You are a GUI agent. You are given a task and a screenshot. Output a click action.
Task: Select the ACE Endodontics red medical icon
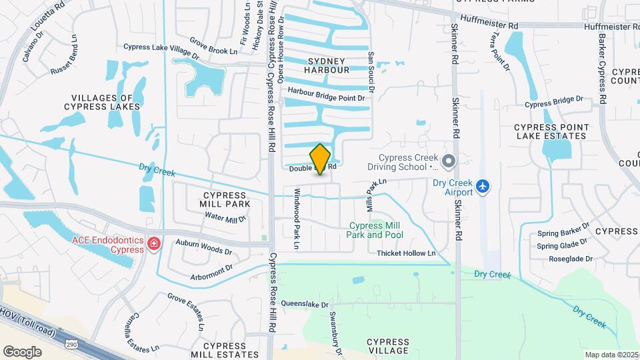pyautogui.click(x=154, y=245)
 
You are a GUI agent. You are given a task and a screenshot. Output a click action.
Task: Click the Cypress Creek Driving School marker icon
pyautogui.click(x=449, y=160)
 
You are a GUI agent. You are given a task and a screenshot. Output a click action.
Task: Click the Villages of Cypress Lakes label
pyautogui.click(x=102, y=102)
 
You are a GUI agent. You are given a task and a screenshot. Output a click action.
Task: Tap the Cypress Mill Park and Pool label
pyautogui.click(x=375, y=230)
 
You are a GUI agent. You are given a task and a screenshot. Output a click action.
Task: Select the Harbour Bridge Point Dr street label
pyautogui.click(x=327, y=97)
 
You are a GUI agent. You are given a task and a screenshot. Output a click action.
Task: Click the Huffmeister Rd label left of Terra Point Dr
pyautogui.click(x=489, y=25)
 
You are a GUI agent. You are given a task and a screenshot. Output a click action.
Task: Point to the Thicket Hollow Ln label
pyautogui.click(x=406, y=253)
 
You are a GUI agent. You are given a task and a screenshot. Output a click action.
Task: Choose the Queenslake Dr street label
pyautogui.click(x=305, y=304)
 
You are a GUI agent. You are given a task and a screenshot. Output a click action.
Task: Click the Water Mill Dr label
pyautogui.click(x=225, y=217)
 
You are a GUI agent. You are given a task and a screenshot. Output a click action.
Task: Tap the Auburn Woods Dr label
pyautogui.click(x=204, y=247)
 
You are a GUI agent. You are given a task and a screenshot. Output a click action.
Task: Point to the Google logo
pyautogui.click(x=22, y=351)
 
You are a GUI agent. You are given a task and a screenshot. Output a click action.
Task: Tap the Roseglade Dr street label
pyautogui.click(x=571, y=259)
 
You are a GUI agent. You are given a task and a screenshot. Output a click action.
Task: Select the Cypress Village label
pyautogui.click(x=387, y=346)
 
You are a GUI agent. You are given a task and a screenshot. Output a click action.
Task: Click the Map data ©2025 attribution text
pyautogui.click(x=611, y=355)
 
